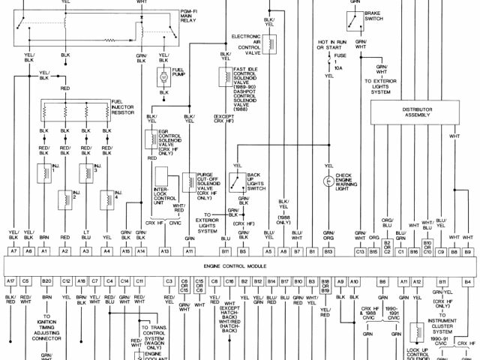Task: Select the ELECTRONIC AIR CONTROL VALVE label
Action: point(245,44)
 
